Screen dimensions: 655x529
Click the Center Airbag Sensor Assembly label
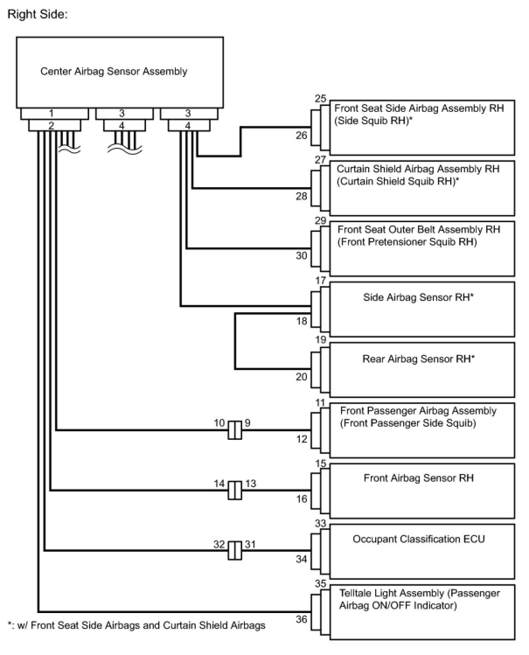114,71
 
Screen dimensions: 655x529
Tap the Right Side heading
38,14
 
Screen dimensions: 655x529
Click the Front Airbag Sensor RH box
421,491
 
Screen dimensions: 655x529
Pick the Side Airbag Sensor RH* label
418,297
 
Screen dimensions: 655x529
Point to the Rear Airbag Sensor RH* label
418,359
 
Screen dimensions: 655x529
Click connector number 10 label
219,423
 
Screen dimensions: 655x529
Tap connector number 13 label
251,483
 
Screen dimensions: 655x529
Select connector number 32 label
219,544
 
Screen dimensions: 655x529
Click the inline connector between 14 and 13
235,490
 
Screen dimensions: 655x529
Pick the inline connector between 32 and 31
235,550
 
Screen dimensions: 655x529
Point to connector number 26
301,135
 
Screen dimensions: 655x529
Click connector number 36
301,619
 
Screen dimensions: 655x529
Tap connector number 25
320,99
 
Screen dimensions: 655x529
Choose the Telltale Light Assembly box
421,612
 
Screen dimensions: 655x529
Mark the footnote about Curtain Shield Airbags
136,625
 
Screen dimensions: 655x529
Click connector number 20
301,376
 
